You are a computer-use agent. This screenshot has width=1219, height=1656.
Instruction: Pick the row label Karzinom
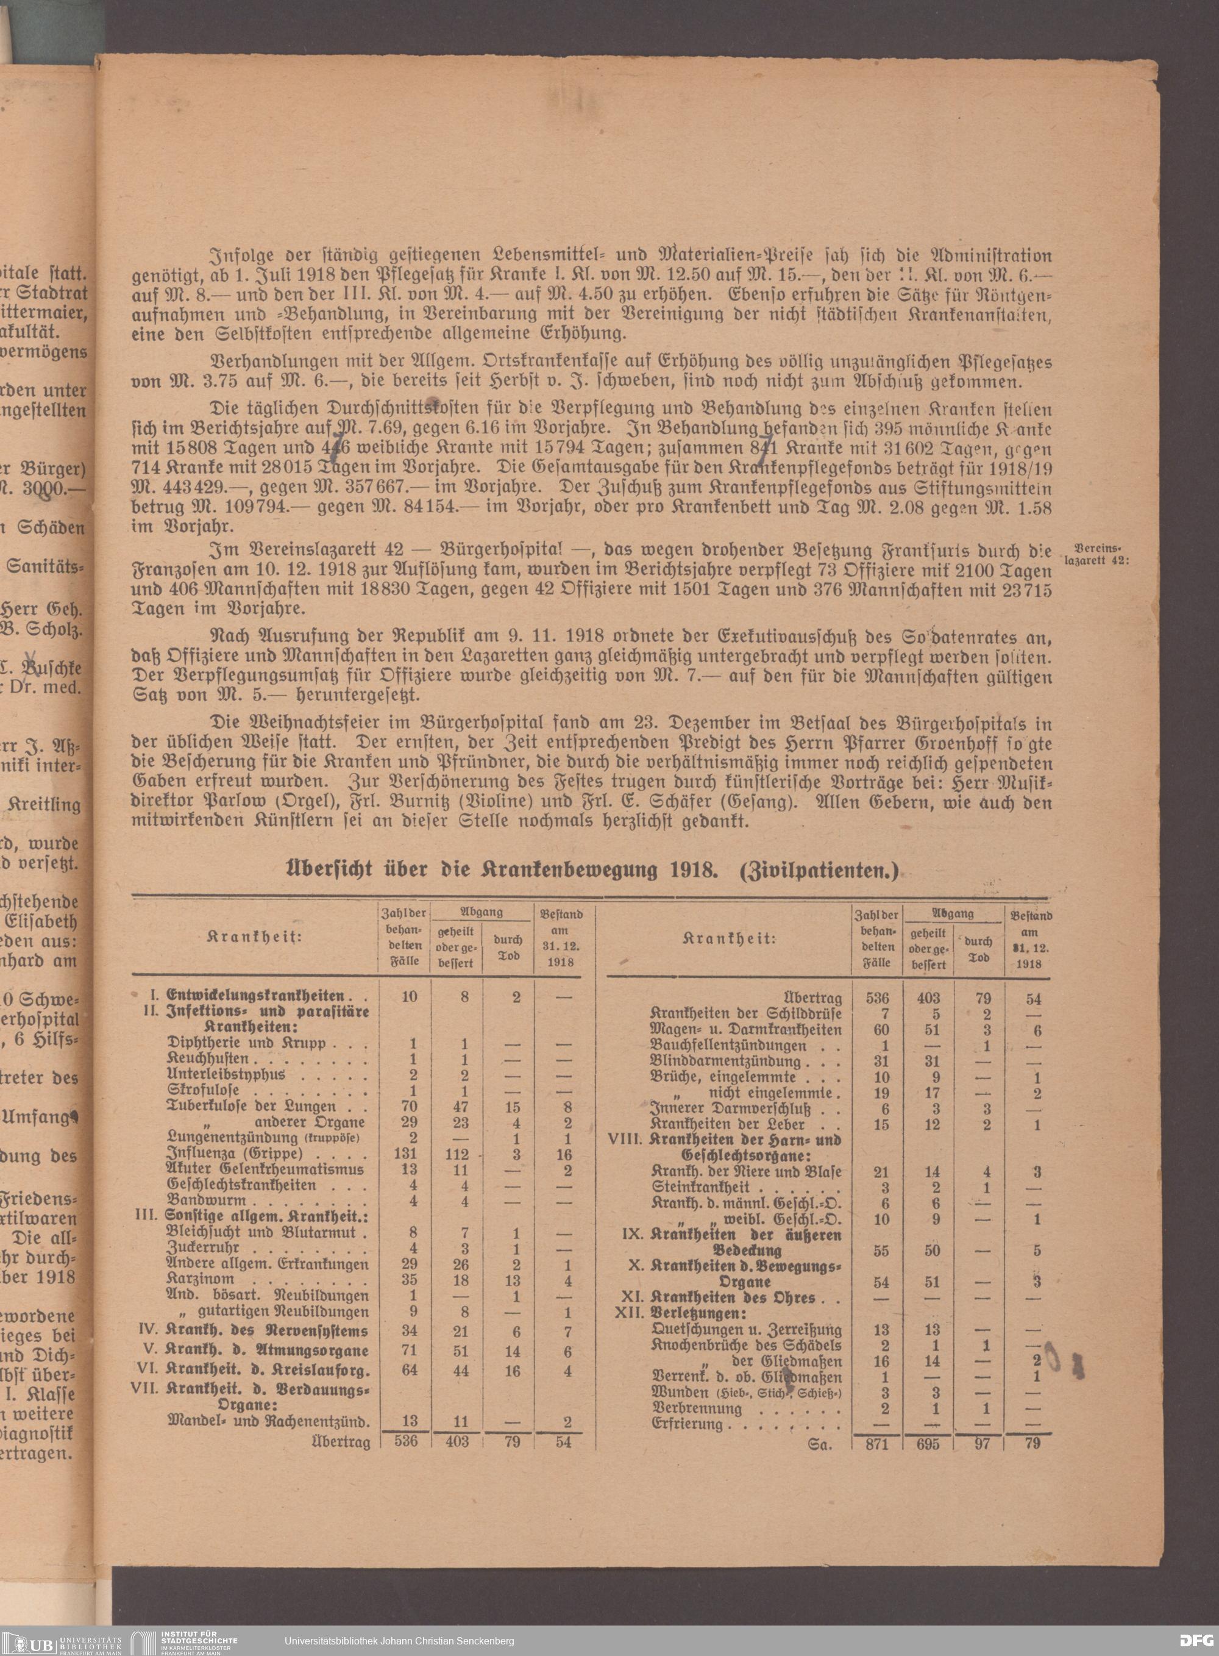click(201, 1279)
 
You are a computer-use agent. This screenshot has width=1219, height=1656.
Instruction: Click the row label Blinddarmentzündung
click(725, 1061)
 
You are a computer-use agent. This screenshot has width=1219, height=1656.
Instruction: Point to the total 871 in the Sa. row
click(876, 1443)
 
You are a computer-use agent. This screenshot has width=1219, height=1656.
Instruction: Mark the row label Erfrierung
click(686, 1424)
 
